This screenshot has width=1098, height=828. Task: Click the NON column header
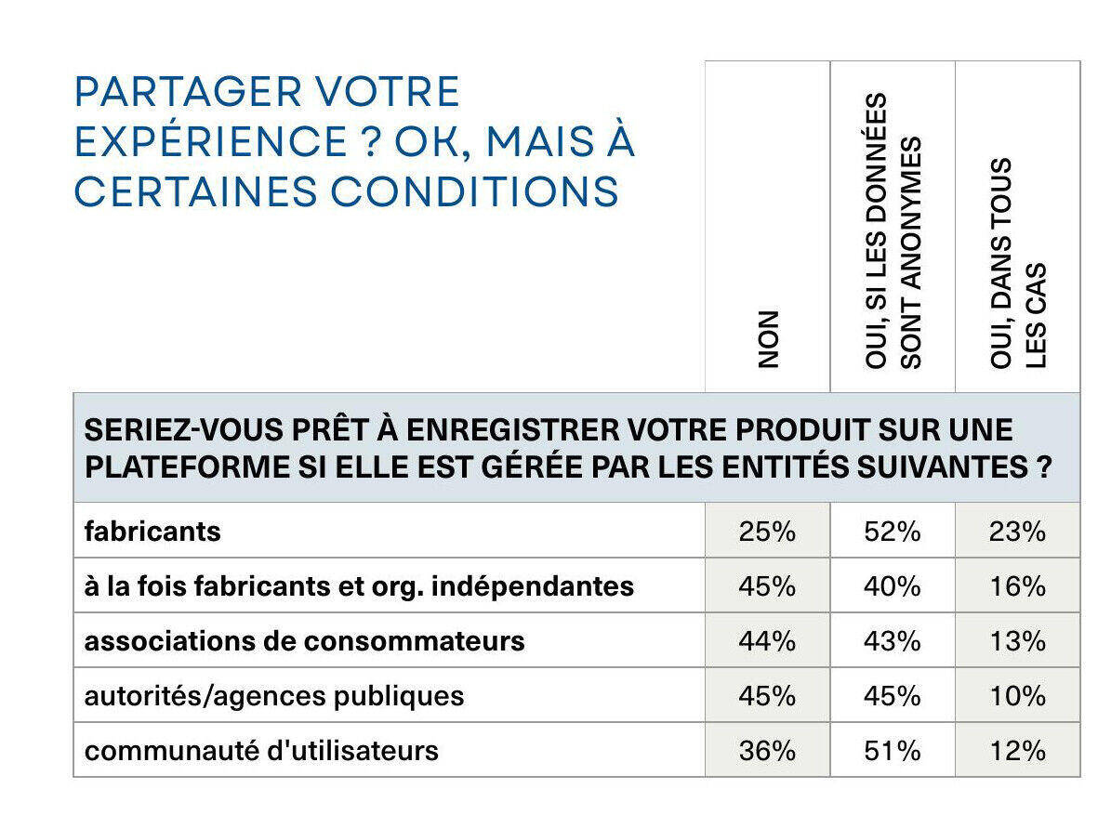(768, 339)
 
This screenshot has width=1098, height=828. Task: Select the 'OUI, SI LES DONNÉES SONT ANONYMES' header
(893, 230)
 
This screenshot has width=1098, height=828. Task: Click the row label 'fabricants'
(153, 532)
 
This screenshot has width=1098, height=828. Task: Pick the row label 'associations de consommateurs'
(305, 641)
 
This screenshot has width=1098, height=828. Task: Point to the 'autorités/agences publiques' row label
(274, 696)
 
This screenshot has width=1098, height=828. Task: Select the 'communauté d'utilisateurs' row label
(261, 751)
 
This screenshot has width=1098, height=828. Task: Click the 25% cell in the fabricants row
(767, 532)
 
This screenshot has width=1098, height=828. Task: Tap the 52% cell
(893, 532)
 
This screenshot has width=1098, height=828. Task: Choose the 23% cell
(1018, 532)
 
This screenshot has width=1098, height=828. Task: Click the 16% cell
(1018, 586)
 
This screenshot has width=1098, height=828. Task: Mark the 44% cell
(767, 641)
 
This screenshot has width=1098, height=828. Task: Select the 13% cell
(1018, 641)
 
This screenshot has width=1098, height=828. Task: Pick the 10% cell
(1018, 696)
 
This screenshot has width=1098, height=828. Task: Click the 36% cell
(767, 751)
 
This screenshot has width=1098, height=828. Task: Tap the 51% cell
(893, 751)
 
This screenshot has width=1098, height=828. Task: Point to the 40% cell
(893, 586)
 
